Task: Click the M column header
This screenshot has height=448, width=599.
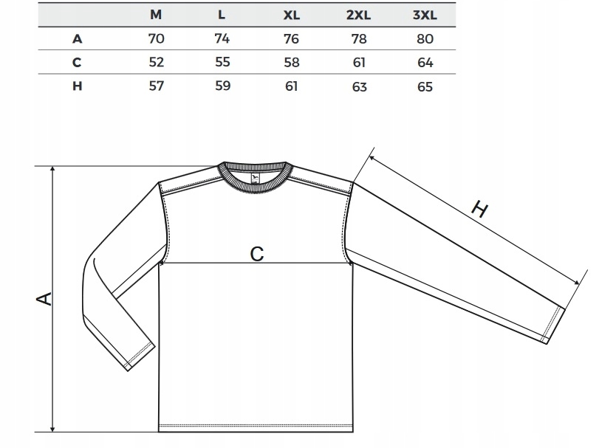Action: [x=156, y=15]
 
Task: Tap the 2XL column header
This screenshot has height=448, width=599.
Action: [x=359, y=15]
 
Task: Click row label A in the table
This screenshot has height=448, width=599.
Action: [x=77, y=39]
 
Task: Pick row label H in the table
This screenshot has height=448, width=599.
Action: [x=77, y=86]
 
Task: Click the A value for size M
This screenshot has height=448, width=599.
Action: [x=156, y=39]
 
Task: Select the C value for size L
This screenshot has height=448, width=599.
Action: [x=222, y=63]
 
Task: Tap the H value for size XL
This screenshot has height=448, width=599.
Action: [x=291, y=86]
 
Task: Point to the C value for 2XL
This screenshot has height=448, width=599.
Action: [x=359, y=63]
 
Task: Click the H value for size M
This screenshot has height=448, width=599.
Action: [x=156, y=86]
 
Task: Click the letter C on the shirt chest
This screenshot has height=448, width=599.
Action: [x=256, y=254]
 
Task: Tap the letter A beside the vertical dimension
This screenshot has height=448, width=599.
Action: [x=44, y=298]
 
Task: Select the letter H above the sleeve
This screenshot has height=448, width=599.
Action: [x=479, y=210]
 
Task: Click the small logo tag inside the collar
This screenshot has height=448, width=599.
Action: [x=255, y=178]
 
